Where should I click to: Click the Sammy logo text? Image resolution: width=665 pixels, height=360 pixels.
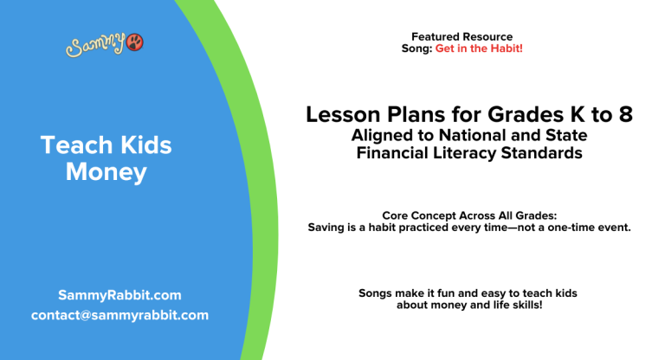[x=95, y=45]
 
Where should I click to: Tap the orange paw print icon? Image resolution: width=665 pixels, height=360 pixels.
[x=134, y=43]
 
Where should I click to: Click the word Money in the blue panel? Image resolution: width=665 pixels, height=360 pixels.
[x=107, y=172]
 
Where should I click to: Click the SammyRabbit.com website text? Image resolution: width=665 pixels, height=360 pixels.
[x=119, y=295]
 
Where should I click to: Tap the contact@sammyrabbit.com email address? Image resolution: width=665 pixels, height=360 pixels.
[x=119, y=315]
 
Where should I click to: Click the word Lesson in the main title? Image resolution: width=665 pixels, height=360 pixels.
[x=341, y=114]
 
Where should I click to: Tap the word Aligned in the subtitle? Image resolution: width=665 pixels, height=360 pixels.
[x=384, y=135]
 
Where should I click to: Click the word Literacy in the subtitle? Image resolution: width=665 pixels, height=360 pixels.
[x=460, y=152]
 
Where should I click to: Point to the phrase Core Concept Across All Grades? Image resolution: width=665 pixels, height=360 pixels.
[x=468, y=215]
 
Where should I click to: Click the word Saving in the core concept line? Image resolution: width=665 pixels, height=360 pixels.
[x=326, y=228]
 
